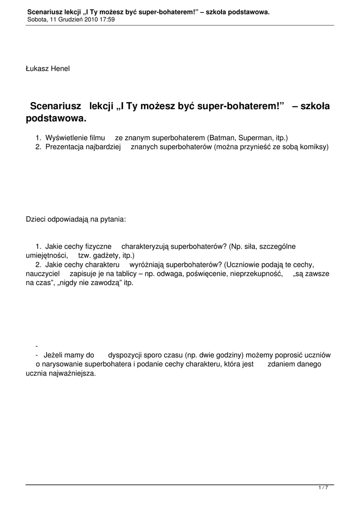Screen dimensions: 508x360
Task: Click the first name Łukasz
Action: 36,68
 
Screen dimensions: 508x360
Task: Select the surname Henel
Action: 60,68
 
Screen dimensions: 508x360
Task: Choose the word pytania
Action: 114,218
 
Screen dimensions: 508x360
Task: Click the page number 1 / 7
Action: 323,488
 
